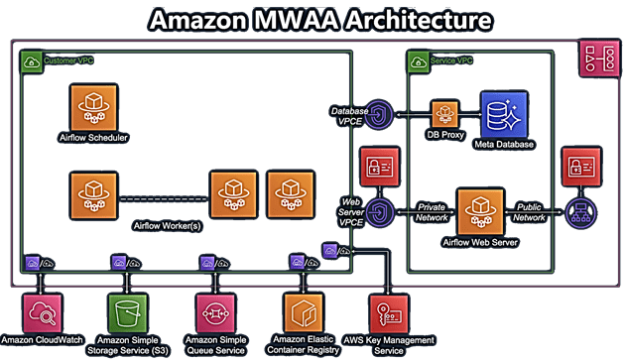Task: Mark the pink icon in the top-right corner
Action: (599, 60)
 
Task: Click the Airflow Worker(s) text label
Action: (167, 226)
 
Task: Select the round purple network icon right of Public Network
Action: (576, 209)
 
